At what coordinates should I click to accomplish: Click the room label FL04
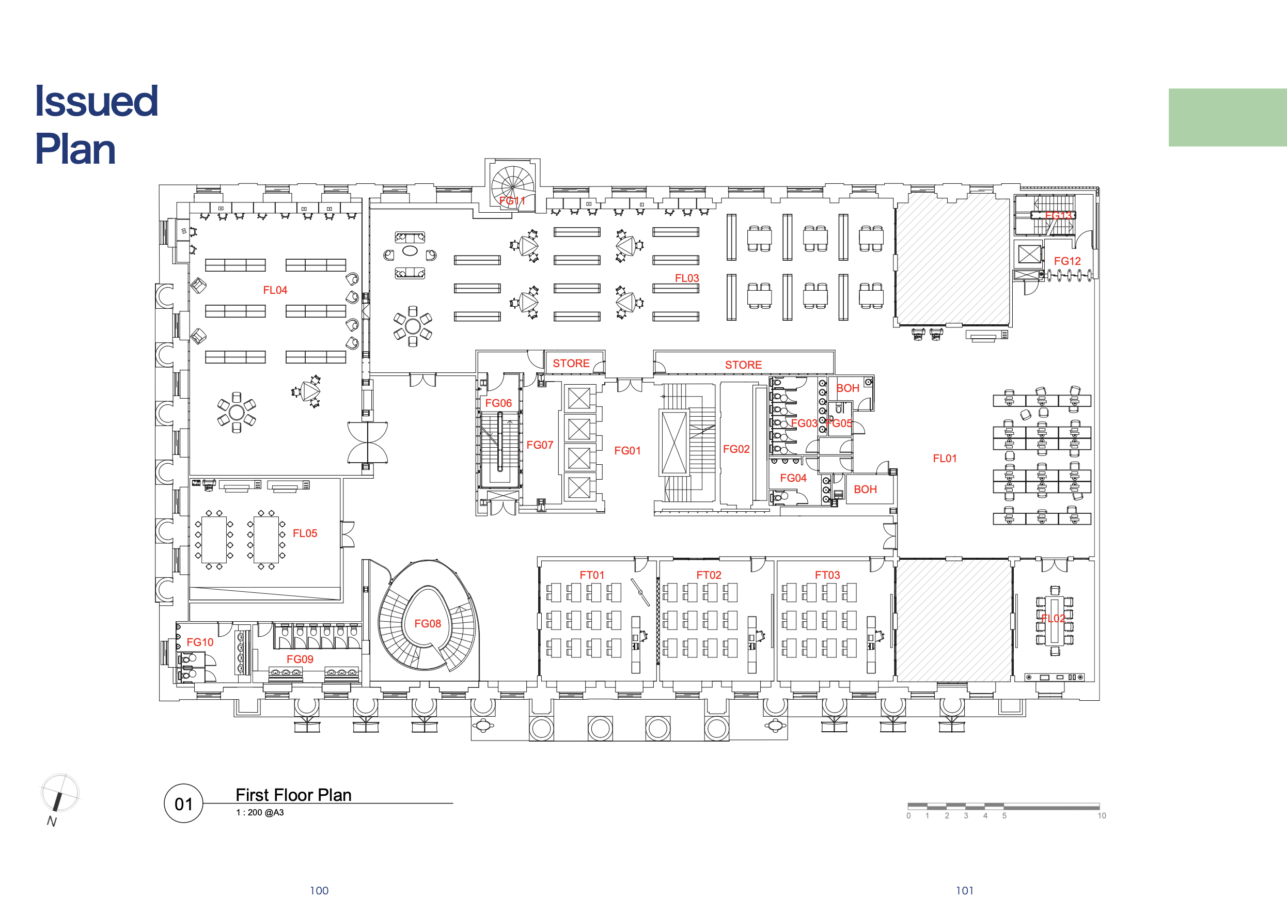click(275, 290)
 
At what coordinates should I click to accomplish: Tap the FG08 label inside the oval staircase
click(427, 623)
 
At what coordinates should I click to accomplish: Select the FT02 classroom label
click(709, 575)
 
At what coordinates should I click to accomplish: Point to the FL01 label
click(945, 458)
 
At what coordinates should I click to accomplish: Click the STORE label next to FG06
click(571, 363)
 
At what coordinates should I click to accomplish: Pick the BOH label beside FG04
click(865, 489)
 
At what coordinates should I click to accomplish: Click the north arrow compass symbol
click(59, 793)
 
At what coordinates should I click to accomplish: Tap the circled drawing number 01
click(183, 804)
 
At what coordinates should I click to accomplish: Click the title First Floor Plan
click(293, 795)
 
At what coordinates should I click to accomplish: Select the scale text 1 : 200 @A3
click(260, 812)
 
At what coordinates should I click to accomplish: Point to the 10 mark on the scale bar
click(1102, 816)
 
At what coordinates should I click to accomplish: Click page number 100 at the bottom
click(319, 890)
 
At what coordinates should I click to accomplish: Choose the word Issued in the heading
click(97, 101)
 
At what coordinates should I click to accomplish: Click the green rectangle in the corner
click(1228, 118)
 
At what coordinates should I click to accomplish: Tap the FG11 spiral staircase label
click(512, 201)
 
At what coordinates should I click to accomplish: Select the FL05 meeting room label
click(305, 533)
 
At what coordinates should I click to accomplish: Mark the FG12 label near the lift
click(1067, 261)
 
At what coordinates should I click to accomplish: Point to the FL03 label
click(687, 278)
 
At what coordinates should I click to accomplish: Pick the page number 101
click(965, 890)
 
